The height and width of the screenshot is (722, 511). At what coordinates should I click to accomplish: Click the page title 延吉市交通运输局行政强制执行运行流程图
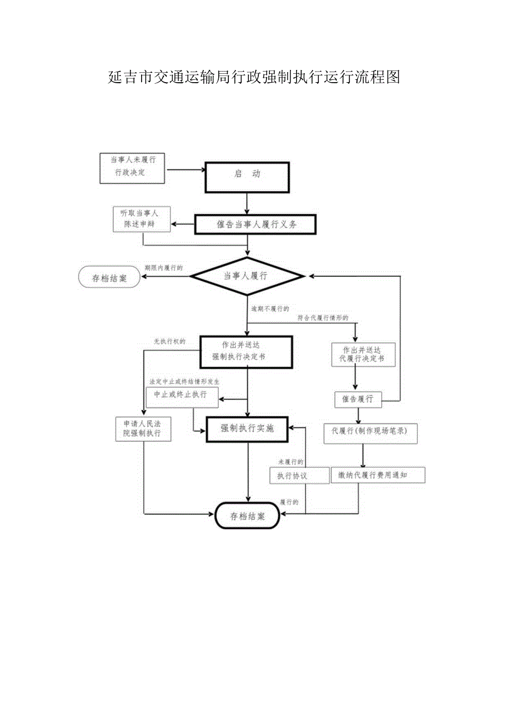[x=254, y=78]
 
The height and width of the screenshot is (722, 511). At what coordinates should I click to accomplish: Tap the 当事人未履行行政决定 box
[x=132, y=168]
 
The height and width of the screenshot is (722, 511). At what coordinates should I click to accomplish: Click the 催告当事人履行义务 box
[x=255, y=225]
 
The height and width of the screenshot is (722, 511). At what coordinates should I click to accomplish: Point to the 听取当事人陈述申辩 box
[x=141, y=220]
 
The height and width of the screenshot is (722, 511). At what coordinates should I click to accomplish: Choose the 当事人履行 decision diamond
[x=247, y=276]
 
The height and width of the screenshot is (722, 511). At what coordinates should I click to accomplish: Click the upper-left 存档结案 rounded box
[x=109, y=278]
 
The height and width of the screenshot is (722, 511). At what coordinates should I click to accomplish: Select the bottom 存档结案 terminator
[x=247, y=516]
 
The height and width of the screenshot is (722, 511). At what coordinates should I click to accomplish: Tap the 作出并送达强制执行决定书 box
[x=247, y=351]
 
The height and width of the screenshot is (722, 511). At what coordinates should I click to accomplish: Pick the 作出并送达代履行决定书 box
[x=362, y=355]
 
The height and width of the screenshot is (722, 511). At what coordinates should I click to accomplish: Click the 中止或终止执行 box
[x=182, y=395]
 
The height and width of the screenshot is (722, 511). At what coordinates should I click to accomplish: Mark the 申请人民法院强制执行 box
[x=143, y=428]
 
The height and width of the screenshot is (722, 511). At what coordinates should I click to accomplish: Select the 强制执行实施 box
[x=247, y=428]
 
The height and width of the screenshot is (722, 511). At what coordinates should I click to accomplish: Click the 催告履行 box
[x=358, y=399]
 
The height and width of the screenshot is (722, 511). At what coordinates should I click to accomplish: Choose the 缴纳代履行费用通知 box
[x=377, y=475]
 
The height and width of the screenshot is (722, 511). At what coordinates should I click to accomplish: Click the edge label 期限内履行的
[x=163, y=267]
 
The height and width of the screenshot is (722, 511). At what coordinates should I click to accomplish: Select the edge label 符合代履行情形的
[x=323, y=318]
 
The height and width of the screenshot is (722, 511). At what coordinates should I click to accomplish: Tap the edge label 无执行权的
[x=169, y=341]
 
